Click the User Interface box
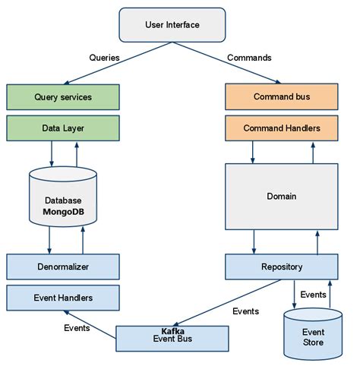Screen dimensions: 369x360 (172, 25)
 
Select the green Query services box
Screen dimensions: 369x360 (63, 97)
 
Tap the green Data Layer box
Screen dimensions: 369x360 (63, 128)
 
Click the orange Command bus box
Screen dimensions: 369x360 (281, 97)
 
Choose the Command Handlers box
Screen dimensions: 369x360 (281, 128)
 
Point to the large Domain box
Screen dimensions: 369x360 (281, 196)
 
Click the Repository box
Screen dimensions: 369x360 (281, 266)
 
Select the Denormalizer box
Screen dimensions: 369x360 (63, 266)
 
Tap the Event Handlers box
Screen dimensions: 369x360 (63, 298)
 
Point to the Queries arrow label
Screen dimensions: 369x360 (105, 57)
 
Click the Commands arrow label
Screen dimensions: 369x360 (249, 57)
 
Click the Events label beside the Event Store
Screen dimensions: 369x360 (314, 294)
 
